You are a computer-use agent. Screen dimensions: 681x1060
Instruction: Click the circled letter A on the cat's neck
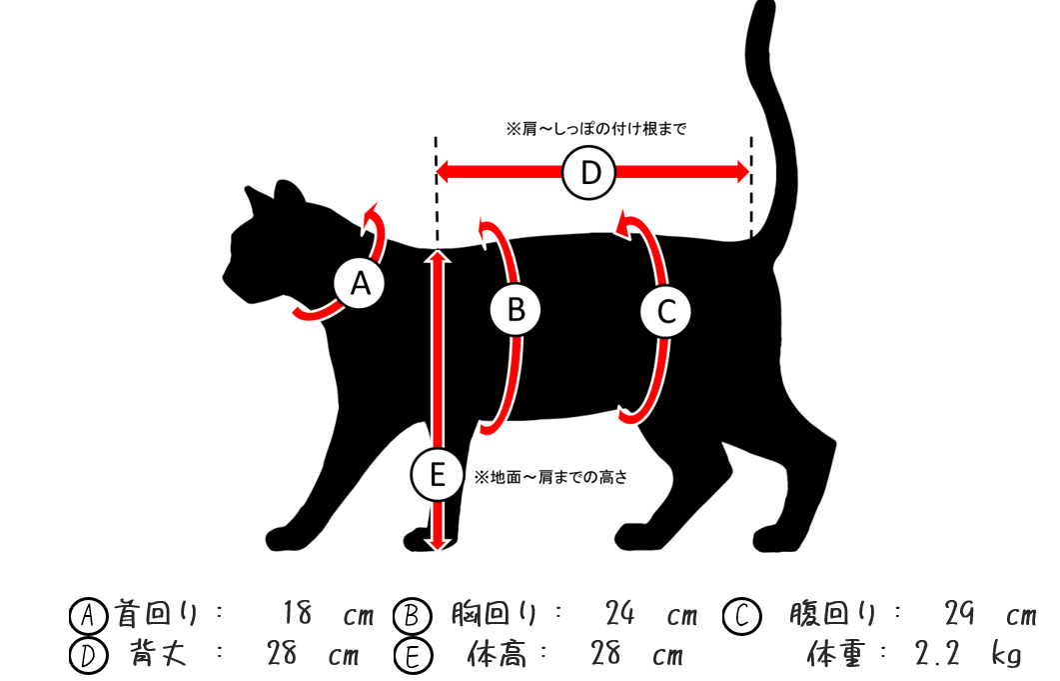coord(361,284)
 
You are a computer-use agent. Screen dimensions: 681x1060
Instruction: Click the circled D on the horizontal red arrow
coord(590,173)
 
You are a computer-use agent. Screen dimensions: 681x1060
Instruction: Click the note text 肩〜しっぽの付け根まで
coord(596,129)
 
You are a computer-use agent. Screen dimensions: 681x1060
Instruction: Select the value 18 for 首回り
coord(298,613)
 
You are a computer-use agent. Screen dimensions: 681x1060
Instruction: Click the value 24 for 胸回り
coord(620,613)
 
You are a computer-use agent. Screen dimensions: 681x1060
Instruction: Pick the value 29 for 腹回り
coord(959,613)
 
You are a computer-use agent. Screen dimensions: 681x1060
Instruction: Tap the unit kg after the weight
coord(1007,655)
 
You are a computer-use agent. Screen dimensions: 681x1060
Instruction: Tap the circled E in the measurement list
coord(412,656)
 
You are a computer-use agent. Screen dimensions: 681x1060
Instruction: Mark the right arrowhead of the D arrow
coord(741,173)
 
